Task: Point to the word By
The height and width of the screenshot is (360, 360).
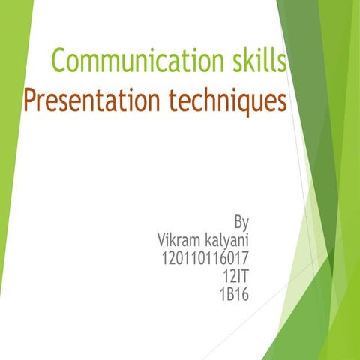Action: point(241,223)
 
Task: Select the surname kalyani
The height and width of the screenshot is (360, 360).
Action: point(223,241)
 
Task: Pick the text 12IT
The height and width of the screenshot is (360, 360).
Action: point(235,277)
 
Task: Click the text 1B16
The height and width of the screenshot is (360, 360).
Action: point(233,295)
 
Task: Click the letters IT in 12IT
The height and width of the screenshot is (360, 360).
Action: point(241,277)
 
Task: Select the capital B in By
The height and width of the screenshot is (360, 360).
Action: point(238,222)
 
